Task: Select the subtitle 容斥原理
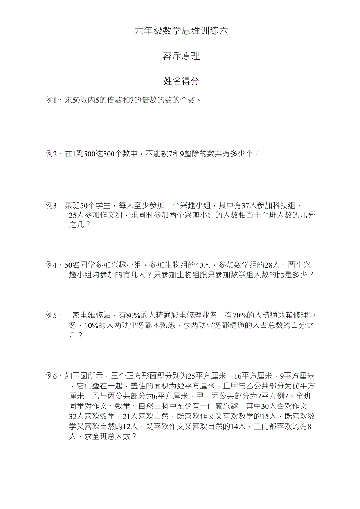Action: coord(181,56)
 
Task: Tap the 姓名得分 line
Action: coord(181,81)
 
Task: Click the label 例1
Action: coord(52,100)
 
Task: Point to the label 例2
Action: coord(52,154)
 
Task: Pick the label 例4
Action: coord(52,265)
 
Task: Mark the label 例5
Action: coord(52,315)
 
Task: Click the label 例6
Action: coord(52,376)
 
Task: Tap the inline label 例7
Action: coord(281,396)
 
